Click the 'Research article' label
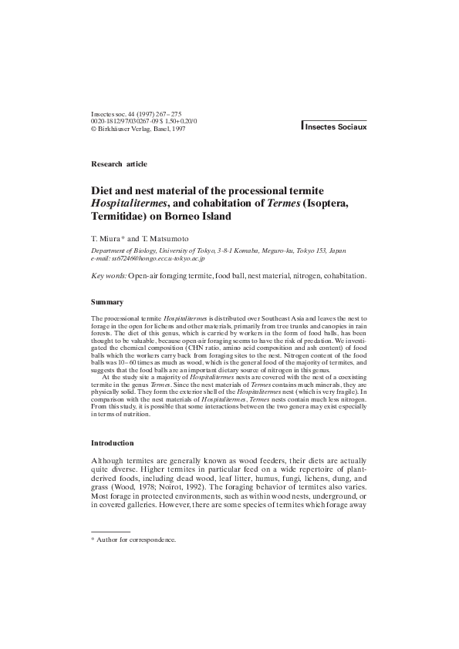click(x=119, y=164)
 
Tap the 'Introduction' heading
click(x=112, y=443)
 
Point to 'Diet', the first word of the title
click(x=103, y=190)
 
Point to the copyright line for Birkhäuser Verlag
click(x=138, y=129)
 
